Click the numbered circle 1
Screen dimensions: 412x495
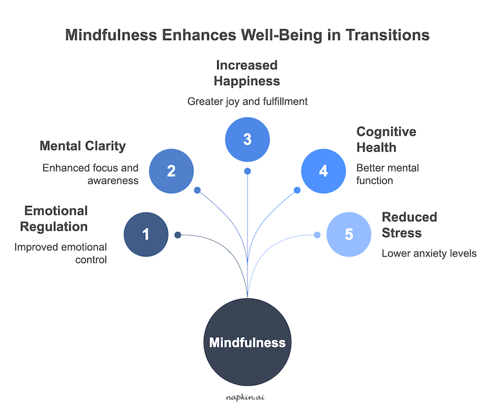pos(146,235)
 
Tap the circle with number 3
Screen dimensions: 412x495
pos(248,139)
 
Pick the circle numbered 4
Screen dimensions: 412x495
pos(323,171)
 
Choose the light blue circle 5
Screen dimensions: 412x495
pos(349,235)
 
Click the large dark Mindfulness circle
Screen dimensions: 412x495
pos(248,343)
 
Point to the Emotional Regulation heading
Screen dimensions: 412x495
pos(56,219)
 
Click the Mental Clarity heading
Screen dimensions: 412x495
pos(82,146)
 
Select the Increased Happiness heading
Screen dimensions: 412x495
pos(247,73)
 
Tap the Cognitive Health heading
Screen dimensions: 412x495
pos(386,140)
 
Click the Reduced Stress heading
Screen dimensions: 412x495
pos(409,225)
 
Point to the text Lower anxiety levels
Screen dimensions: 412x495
pos(429,254)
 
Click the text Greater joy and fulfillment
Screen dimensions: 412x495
pos(247,101)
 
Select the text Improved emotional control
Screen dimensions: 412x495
pos(61,253)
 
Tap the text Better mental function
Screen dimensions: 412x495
pos(387,174)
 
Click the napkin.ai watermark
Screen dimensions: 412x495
pos(248,397)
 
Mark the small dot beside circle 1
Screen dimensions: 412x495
pos(178,235)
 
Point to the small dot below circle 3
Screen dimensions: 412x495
pos(248,171)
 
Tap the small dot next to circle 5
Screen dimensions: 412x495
pos(317,235)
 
